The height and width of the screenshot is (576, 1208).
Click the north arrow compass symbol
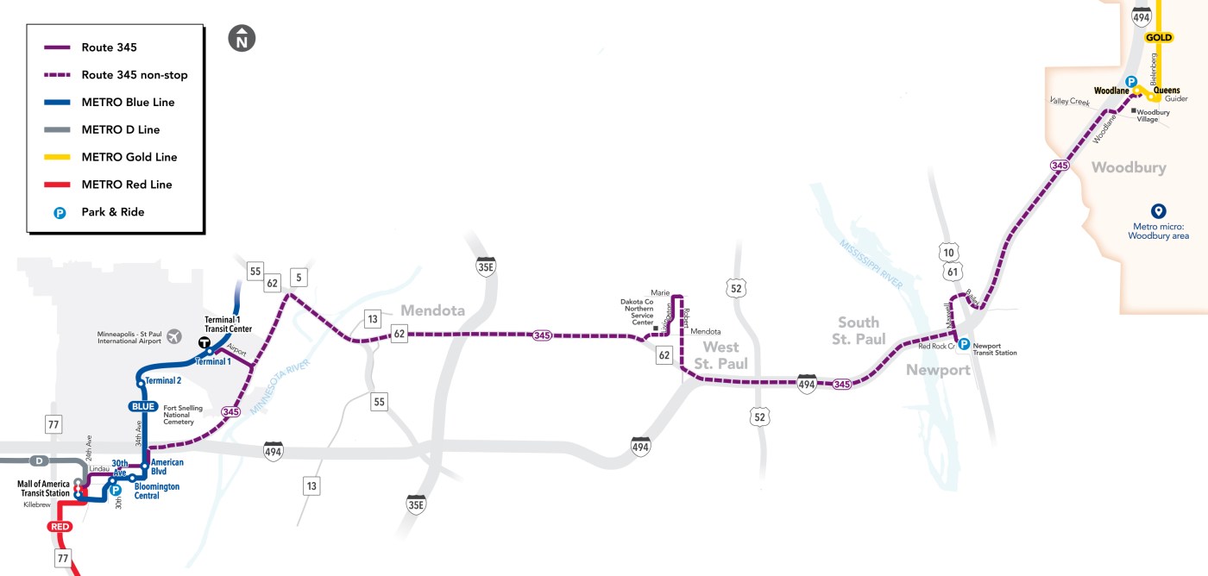click(242, 39)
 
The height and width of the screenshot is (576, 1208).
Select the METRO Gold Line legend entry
click(129, 157)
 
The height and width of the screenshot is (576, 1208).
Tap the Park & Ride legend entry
click(112, 212)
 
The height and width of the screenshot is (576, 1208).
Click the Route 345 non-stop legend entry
click(134, 75)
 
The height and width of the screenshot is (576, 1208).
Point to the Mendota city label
click(432, 310)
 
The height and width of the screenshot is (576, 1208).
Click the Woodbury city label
click(1129, 167)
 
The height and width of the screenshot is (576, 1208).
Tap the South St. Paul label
click(859, 330)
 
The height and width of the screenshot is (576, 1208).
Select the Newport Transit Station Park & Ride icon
click(964, 343)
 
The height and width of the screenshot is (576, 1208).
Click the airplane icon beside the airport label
click(176, 335)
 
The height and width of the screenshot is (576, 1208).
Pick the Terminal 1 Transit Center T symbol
click(205, 342)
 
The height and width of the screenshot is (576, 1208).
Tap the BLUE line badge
click(142, 406)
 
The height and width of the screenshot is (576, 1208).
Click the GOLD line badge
click(1159, 38)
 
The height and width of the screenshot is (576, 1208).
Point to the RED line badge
click(60, 527)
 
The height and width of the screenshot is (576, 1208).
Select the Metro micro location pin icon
click(1159, 210)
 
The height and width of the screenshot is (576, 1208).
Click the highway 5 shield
click(298, 277)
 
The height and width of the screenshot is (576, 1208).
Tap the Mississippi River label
click(871, 260)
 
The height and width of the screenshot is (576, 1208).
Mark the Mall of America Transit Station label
click(43, 489)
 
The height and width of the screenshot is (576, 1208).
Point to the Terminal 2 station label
click(164, 381)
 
